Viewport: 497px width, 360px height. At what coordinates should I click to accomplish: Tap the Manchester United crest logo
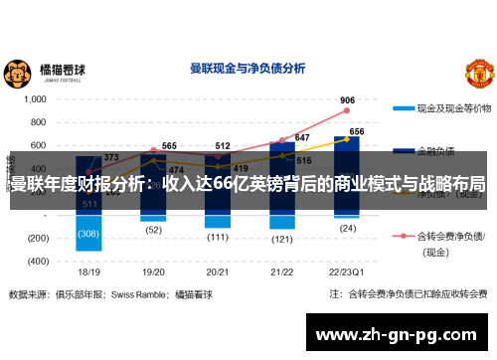479,74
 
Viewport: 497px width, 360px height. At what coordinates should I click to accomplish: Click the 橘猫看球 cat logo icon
17,72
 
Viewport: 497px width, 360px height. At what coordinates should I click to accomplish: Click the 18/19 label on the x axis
89,270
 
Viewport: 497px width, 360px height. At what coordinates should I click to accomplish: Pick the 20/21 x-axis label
219,270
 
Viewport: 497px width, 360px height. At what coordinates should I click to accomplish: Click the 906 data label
347,100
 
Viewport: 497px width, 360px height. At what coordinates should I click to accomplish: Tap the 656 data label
357,131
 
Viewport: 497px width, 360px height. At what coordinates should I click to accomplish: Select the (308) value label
89,234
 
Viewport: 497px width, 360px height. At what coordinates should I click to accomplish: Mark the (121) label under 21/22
282,240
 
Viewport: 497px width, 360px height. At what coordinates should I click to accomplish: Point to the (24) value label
347,229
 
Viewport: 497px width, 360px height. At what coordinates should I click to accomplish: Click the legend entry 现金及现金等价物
451,106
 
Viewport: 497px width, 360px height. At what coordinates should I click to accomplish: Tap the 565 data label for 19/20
169,146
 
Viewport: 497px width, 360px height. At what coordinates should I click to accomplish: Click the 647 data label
302,138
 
